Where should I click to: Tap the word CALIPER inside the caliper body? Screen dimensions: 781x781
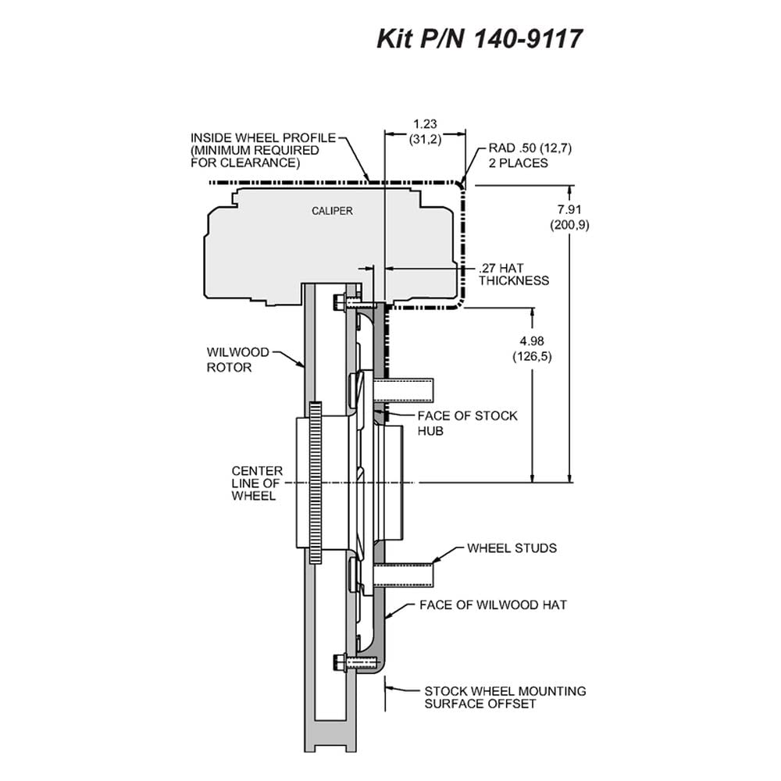coord(332,211)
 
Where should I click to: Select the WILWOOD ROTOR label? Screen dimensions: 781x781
coord(230,359)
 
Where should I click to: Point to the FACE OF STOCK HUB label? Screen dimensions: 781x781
coord(467,423)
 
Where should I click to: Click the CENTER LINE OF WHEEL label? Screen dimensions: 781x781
coord(257,483)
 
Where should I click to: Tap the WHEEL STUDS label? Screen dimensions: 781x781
coord(512,548)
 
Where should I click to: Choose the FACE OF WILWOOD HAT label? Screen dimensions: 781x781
coord(493,604)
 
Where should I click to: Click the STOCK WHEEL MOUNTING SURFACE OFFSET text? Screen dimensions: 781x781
coord(505,697)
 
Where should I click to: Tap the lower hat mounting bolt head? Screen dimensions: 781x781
coord(337,662)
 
